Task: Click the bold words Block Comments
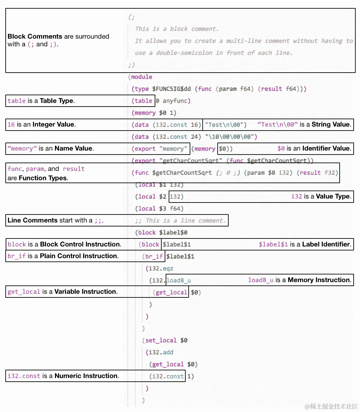pos(35,36)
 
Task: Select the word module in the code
pos(142,77)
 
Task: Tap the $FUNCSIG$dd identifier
pos(171,89)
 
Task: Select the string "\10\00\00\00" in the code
pos(231,137)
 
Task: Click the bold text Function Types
pos(43,178)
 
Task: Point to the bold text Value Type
pos(333,197)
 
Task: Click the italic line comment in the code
pos(181,220)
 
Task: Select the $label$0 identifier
pos(173,232)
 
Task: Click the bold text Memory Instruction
pos(319,280)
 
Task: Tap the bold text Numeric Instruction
pos(86,376)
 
